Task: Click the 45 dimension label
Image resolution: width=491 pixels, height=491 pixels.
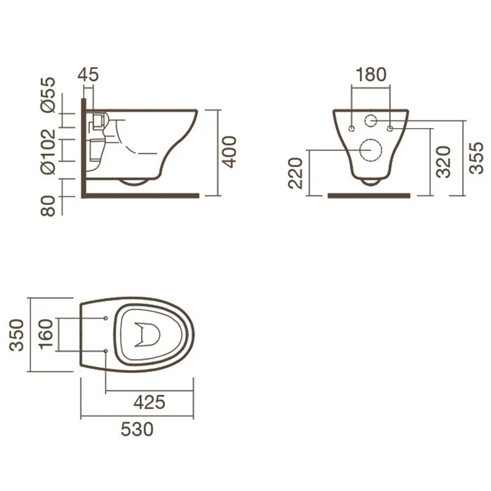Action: tap(88, 74)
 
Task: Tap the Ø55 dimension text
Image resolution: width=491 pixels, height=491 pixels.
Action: tap(48, 95)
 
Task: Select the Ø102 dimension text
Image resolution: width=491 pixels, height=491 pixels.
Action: tap(48, 152)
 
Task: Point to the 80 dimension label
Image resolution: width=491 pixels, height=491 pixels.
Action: tap(48, 206)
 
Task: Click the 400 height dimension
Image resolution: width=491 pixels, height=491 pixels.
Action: tap(229, 152)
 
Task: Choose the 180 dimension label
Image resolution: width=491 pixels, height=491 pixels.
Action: tap(371, 74)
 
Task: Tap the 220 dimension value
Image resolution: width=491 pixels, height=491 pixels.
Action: tap(296, 173)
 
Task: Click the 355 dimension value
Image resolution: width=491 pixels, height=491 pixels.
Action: tap(476, 158)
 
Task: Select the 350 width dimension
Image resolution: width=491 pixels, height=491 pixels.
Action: tap(17, 335)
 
